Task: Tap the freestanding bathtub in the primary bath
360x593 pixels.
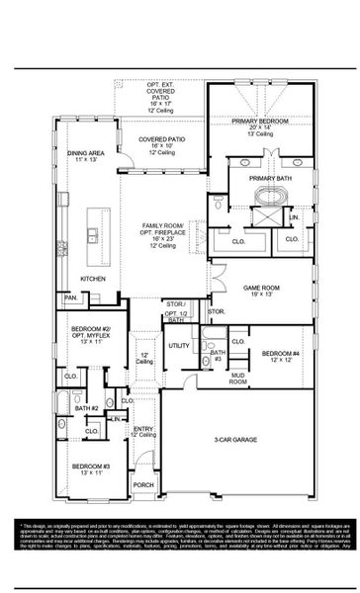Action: pyautogui.click(x=261, y=211)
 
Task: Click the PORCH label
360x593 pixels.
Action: pyautogui.click(x=144, y=484)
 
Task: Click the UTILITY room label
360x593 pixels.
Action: pyautogui.click(x=178, y=345)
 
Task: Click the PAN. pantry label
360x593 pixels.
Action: pyautogui.click(x=70, y=296)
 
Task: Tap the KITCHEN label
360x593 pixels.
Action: pyautogui.click(x=93, y=279)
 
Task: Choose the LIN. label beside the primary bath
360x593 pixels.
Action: pyautogui.click(x=294, y=216)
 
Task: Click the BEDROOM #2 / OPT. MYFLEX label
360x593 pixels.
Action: pyautogui.click(x=88, y=334)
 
